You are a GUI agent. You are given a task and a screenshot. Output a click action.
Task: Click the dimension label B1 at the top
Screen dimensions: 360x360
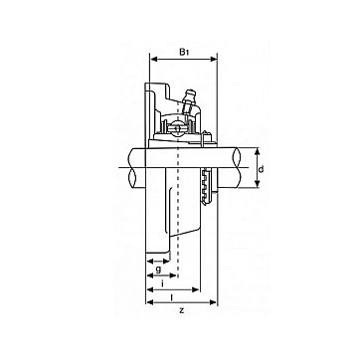tap(184, 52)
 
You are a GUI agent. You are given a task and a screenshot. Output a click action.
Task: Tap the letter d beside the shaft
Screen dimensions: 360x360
tap(262, 170)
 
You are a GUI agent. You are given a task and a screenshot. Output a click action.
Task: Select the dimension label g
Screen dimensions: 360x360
tap(158, 269)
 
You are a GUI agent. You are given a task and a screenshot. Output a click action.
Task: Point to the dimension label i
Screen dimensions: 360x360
tap(162, 282)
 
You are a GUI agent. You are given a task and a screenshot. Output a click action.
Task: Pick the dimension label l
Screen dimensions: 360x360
tap(171, 297)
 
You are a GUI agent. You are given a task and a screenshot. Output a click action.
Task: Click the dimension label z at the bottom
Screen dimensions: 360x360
tap(181, 311)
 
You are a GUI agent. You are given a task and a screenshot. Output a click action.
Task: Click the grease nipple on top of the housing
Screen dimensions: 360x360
tap(190, 98)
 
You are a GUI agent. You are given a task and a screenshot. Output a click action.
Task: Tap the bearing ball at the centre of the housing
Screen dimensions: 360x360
tap(176, 127)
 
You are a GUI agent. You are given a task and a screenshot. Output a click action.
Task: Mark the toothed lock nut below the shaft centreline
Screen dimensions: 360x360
tap(206, 187)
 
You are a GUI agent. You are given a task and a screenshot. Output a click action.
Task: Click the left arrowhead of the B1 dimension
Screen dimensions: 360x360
tap(153, 60)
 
